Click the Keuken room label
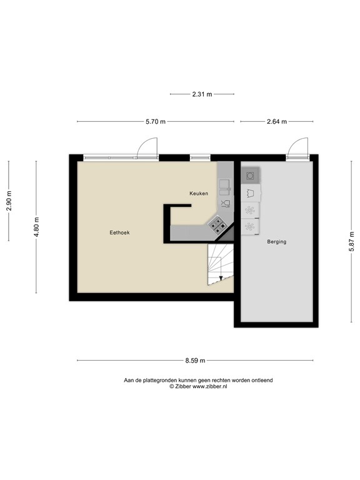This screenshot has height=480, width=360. tap(199, 194)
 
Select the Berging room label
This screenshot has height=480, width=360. tap(276, 241)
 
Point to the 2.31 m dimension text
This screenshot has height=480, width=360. tap(202, 94)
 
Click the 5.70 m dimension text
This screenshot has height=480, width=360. tap(156, 122)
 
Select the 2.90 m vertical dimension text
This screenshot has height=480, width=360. tap(9, 201)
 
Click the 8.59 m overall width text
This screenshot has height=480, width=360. tap(195, 361)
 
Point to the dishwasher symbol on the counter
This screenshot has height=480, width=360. tap(225, 202)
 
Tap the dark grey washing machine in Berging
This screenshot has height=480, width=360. tap(250, 176)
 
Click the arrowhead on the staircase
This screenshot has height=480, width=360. tap(221, 278)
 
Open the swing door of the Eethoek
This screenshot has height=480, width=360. tap(147, 147)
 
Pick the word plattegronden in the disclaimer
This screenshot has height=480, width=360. tap(157, 380)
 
